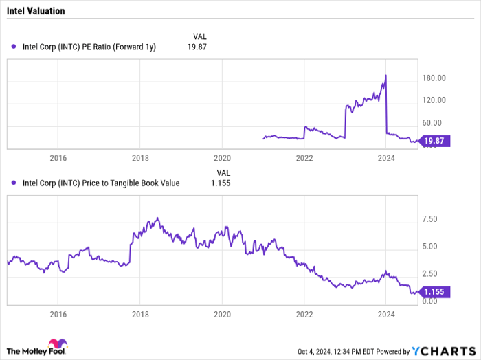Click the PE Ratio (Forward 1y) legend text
(x=89, y=47)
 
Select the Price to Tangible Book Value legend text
(x=101, y=183)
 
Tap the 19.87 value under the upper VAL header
(x=197, y=47)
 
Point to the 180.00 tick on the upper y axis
(x=438, y=78)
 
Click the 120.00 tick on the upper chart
(x=438, y=100)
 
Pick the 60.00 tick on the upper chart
(x=436, y=122)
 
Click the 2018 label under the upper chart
(x=139, y=158)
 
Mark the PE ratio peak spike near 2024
(x=386, y=76)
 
